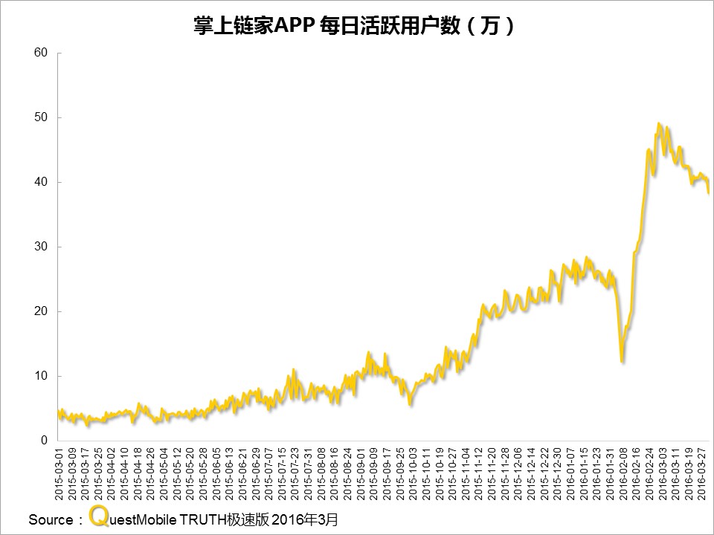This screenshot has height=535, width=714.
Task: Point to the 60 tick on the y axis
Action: point(41,53)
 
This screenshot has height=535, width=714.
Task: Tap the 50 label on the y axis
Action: point(41,117)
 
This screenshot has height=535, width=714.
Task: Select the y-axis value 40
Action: point(41,182)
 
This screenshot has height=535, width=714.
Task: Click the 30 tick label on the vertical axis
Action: point(41,247)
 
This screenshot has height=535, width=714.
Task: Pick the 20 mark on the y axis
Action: point(41,311)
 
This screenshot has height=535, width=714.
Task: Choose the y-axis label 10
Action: point(41,376)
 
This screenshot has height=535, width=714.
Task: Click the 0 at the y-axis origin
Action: point(45,441)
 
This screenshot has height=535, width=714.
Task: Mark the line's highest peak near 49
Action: point(660,124)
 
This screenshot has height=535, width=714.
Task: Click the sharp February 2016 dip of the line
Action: point(622,361)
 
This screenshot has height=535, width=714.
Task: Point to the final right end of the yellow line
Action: point(709,192)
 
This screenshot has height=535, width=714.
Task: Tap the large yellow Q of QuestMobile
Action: point(97,516)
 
